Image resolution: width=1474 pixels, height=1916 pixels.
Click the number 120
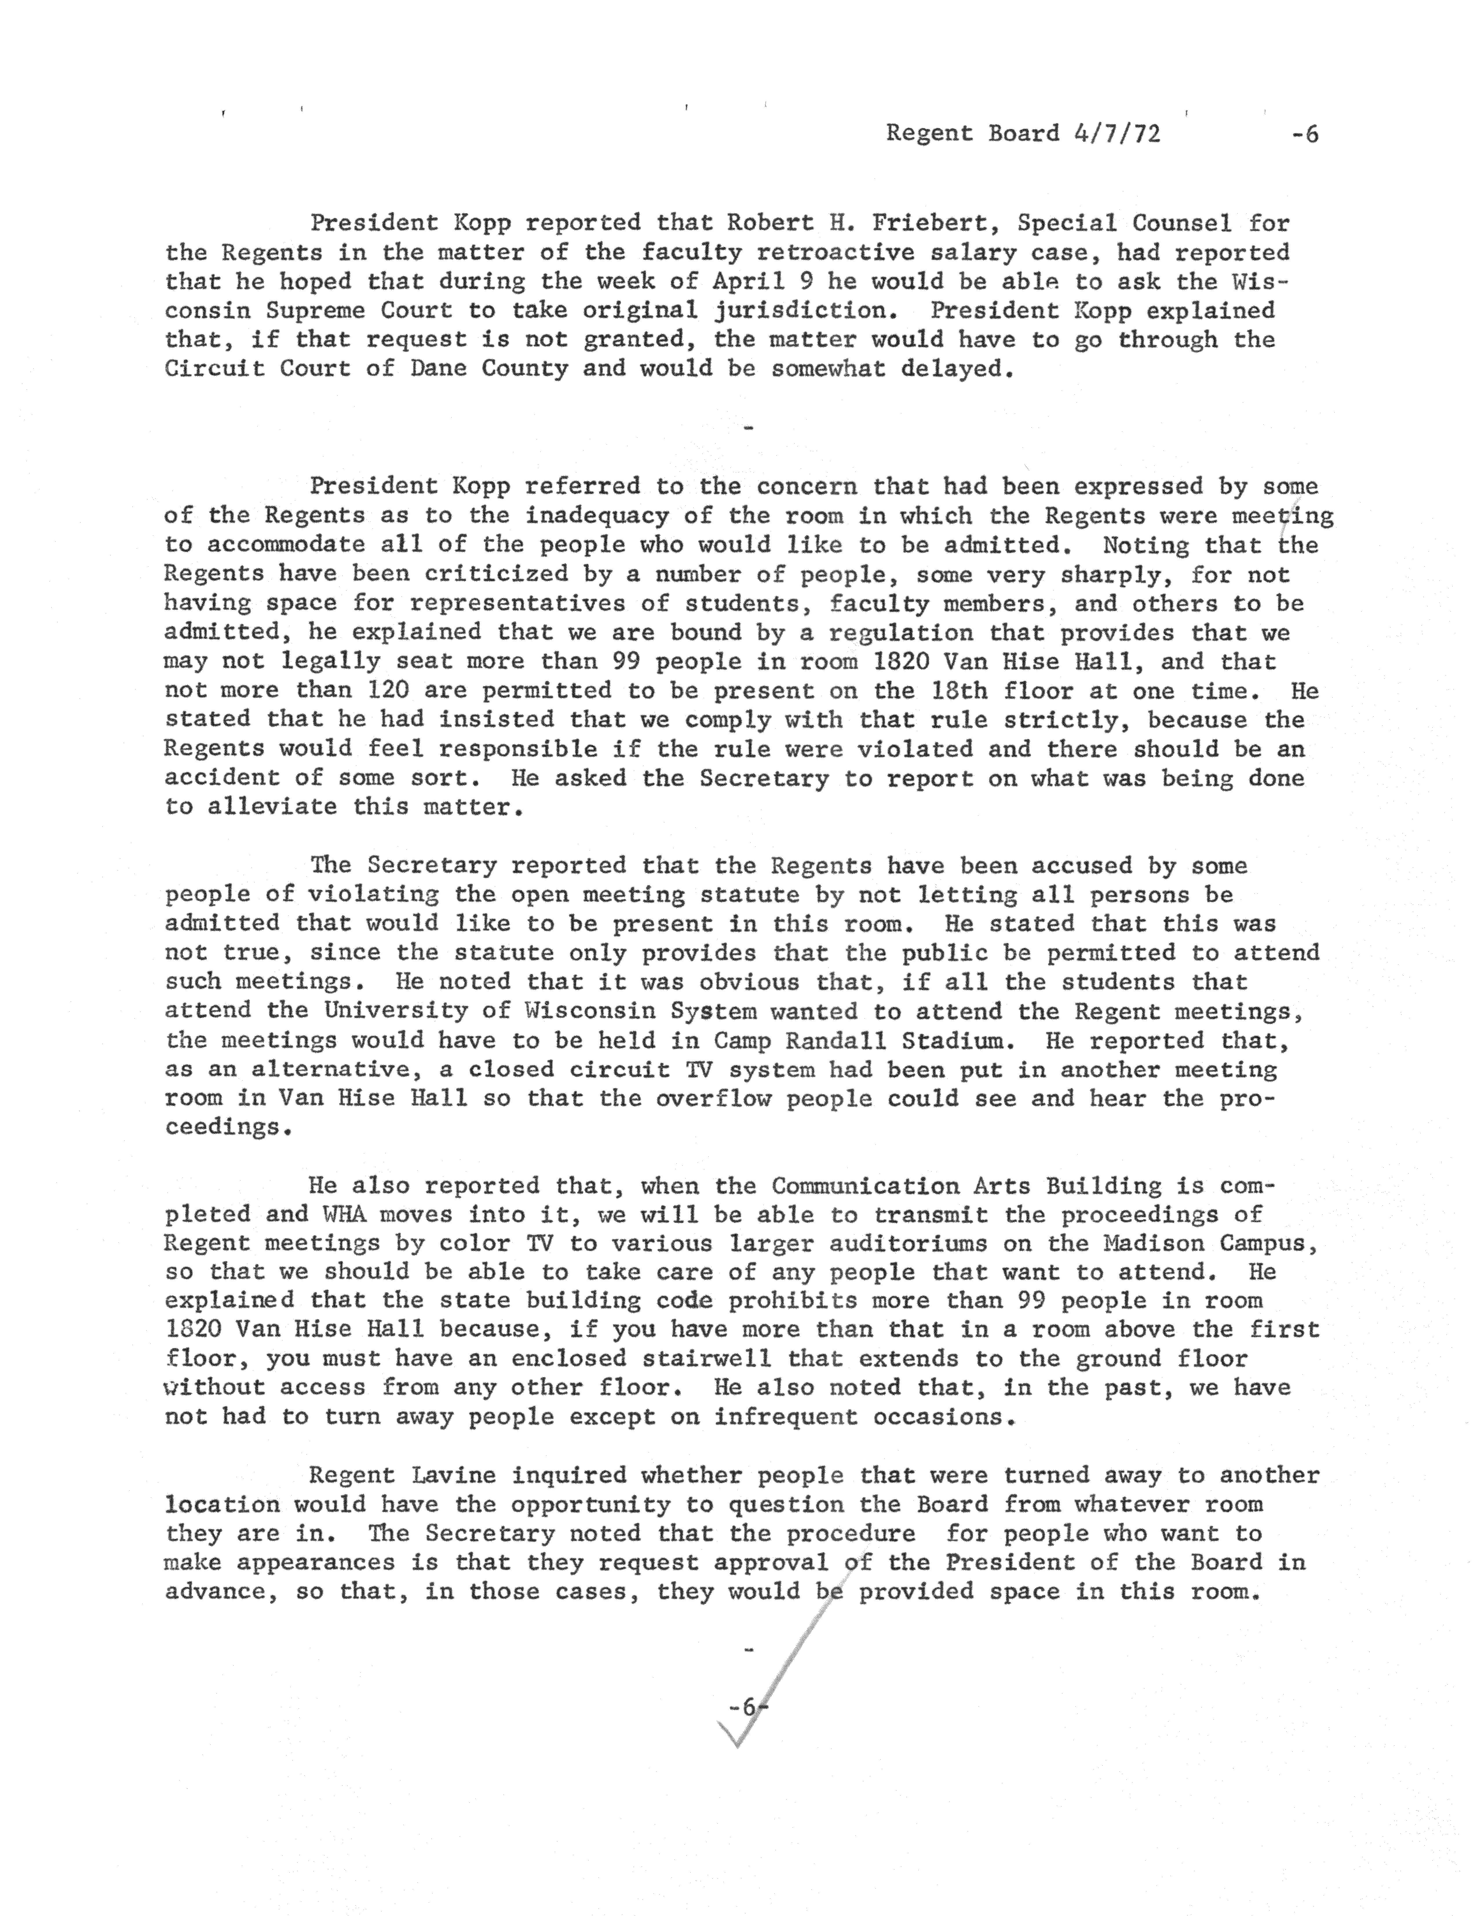point(381,690)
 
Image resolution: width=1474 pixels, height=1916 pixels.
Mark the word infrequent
point(785,1417)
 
